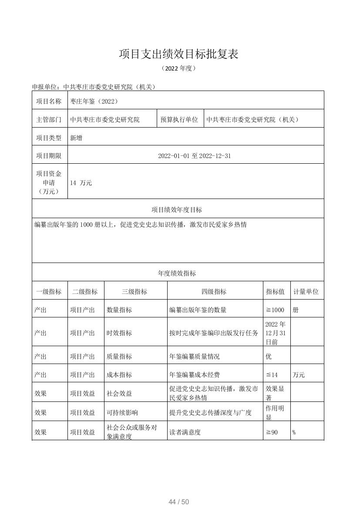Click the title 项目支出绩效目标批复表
[179, 54]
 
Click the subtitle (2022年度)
[179, 68]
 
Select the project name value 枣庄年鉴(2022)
[94, 101]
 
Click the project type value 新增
[76, 138]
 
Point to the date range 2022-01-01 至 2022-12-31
[194, 156]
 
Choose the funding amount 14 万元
[81, 183]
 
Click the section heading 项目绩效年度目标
[177, 210]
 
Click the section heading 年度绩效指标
[177, 273]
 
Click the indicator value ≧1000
[275, 310]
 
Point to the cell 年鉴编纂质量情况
[195, 356]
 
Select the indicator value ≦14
[272, 375]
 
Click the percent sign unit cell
[294, 432]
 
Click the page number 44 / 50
[179, 502]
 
